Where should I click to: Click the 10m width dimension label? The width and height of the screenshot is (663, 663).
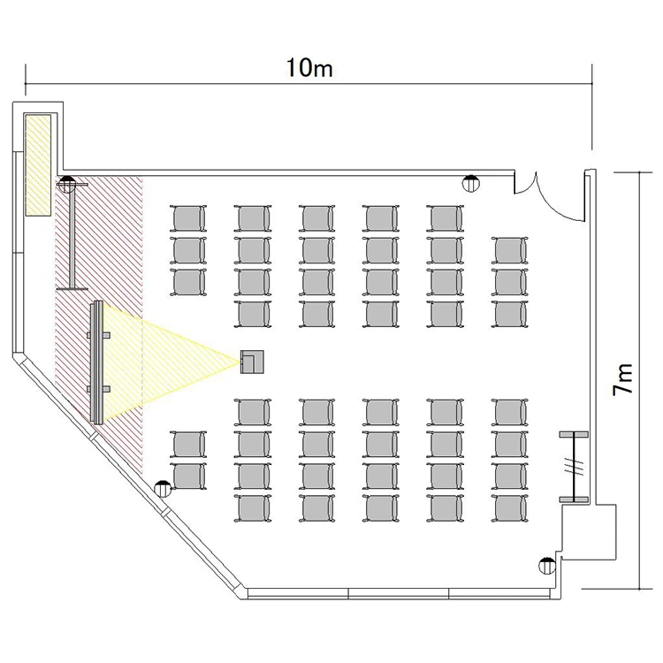(309, 68)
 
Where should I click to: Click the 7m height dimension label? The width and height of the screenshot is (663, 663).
(623, 379)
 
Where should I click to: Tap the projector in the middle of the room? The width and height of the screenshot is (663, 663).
(252, 362)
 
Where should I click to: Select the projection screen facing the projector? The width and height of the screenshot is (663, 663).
(97, 362)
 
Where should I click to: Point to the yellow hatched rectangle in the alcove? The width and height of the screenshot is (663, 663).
(38, 165)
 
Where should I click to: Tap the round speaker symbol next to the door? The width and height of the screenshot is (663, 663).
(471, 184)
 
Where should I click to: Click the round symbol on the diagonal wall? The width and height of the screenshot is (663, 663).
(163, 489)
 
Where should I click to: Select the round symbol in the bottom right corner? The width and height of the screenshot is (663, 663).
(546, 566)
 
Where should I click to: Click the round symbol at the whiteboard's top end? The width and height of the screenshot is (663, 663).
(67, 184)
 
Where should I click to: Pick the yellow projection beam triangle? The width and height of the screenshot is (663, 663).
(169, 362)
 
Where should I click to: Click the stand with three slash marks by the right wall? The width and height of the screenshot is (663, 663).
(574, 467)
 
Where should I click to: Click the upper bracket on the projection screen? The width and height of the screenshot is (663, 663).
(99, 335)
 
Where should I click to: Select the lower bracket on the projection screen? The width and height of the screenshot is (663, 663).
(99, 389)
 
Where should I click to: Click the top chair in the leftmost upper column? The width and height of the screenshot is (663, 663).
(188, 218)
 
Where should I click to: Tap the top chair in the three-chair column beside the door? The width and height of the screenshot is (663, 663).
(509, 251)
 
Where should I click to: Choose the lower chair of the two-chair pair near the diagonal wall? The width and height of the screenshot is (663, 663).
(188, 476)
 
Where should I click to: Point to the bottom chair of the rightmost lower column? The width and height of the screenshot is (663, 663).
(509, 508)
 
